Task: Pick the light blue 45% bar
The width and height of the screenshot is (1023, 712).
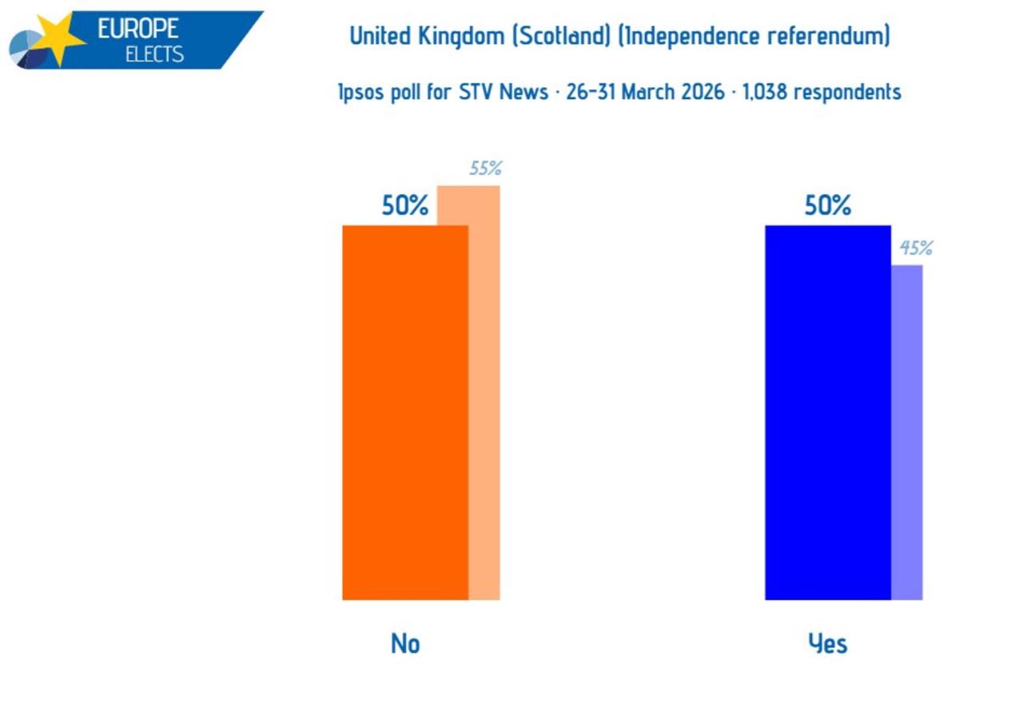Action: (907, 432)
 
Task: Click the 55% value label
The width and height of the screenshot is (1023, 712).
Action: (485, 169)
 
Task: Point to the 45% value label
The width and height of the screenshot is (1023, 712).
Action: (916, 249)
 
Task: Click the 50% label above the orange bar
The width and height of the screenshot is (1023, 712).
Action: (405, 206)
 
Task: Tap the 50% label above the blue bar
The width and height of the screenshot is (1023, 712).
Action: (828, 206)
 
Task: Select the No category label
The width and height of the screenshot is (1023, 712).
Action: (405, 644)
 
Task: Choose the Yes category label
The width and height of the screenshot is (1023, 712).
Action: (828, 644)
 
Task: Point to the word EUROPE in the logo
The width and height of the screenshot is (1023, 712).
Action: (138, 28)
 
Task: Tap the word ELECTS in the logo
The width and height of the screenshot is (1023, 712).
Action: (154, 54)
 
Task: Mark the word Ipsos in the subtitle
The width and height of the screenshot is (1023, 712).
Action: (359, 93)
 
